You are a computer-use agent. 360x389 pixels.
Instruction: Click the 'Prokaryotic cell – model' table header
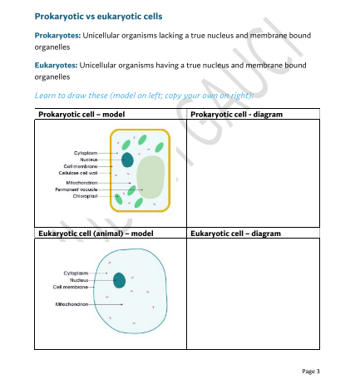(81, 113)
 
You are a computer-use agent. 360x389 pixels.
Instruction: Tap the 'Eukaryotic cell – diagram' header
(236, 234)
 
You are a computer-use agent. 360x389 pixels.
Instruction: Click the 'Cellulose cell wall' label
(78, 173)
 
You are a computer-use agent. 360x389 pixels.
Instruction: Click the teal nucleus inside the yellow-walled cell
(127, 160)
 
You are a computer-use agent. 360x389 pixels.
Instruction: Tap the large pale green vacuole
(150, 178)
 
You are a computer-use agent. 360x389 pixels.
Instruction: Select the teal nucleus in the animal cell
(119, 281)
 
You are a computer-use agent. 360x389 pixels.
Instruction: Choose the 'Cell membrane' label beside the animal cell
(71, 287)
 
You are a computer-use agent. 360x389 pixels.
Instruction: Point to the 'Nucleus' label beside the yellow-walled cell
(89, 160)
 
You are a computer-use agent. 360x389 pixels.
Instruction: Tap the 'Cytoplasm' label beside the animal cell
(76, 273)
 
